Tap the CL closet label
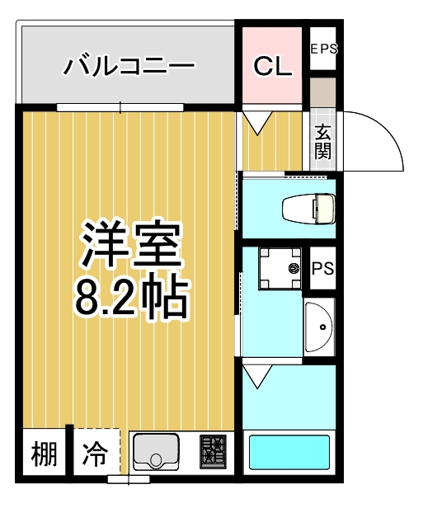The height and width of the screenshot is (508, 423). click(x=272, y=67)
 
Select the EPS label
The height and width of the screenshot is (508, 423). click(x=323, y=49)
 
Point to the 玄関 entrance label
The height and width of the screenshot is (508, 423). click(x=322, y=142)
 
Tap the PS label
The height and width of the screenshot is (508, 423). click(x=322, y=270)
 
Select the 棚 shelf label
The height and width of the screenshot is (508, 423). click(x=45, y=454)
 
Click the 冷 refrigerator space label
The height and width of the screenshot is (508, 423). click(x=96, y=454)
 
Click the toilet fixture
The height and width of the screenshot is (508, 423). click(x=308, y=209)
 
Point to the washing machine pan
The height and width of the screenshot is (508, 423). click(x=277, y=269)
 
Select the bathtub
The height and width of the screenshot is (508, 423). click(x=289, y=452)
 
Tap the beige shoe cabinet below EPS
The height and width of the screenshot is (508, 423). click(x=323, y=92)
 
